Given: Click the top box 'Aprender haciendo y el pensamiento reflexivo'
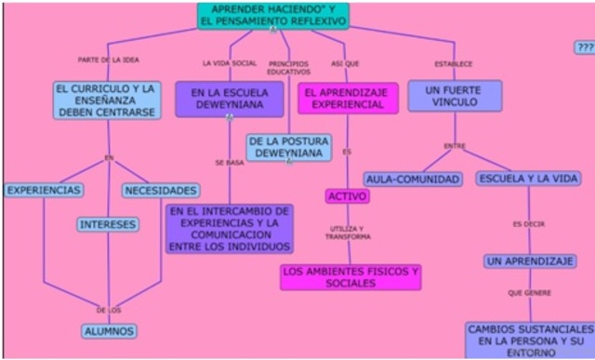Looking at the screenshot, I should tap(273, 14).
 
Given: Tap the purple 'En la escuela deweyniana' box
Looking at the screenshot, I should tap(229, 100).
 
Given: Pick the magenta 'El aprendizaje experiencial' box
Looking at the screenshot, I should tap(348, 99).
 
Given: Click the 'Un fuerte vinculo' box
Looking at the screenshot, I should tap(455, 96).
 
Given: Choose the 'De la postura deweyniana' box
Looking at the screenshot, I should tap(288, 147).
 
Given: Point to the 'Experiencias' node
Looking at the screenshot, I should tap(44, 190).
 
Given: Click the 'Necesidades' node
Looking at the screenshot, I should tap(160, 190).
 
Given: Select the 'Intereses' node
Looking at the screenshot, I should tap(108, 224).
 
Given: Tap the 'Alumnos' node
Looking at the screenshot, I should tap(109, 330).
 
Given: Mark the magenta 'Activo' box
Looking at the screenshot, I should tap(348, 196).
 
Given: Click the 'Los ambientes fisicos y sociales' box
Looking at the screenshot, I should tap(350, 276).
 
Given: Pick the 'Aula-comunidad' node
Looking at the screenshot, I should tap(413, 179).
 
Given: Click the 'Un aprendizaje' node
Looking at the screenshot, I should tap(530, 261).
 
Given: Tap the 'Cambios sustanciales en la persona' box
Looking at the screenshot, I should tap(531, 340).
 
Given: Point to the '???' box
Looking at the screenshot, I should tap(585, 47).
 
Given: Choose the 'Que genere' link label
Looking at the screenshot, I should tap(529, 293).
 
